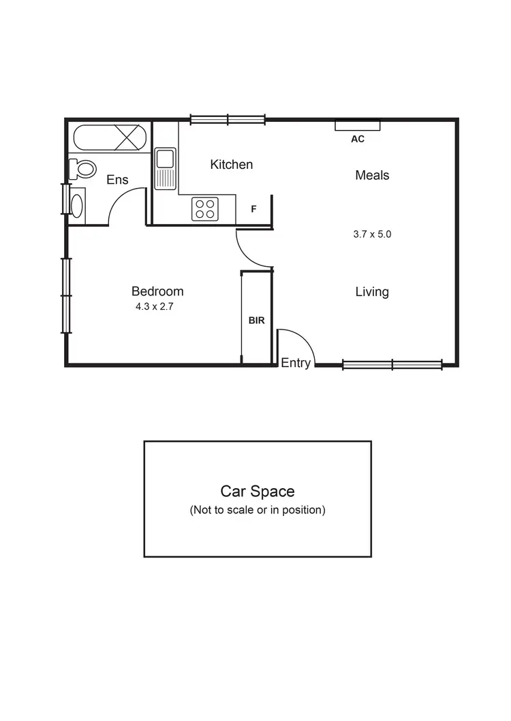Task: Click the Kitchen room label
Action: (x=231, y=165)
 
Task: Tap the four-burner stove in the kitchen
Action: (x=204, y=208)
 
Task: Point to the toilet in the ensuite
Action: (x=83, y=167)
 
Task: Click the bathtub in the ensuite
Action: (x=110, y=138)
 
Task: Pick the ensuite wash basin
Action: (x=77, y=204)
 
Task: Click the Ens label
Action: (x=117, y=180)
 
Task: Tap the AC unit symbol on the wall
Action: (x=357, y=125)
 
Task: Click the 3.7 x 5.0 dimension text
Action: (x=372, y=234)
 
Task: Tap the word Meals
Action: (x=372, y=176)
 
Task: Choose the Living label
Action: (x=372, y=292)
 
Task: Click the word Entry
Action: (x=296, y=364)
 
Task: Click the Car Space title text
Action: (x=257, y=491)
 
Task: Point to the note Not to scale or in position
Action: (x=257, y=510)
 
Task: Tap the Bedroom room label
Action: (x=157, y=291)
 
